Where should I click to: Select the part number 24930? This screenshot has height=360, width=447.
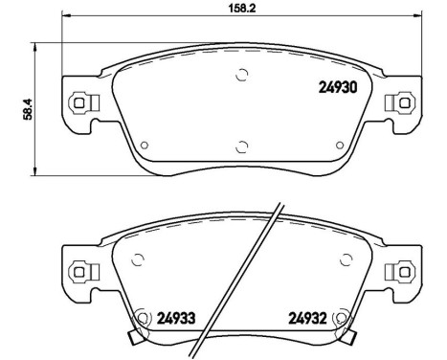tap(337, 88)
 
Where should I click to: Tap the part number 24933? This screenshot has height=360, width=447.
tap(176, 319)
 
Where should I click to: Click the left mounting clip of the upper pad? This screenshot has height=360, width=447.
tap(82, 101)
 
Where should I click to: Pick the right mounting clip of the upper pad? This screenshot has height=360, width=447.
tap(393, 101)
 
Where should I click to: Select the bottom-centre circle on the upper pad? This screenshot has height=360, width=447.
tap(240, 146)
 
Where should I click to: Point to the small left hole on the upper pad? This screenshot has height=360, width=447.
tap(144, 146)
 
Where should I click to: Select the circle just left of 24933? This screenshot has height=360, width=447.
tap(145, 318)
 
